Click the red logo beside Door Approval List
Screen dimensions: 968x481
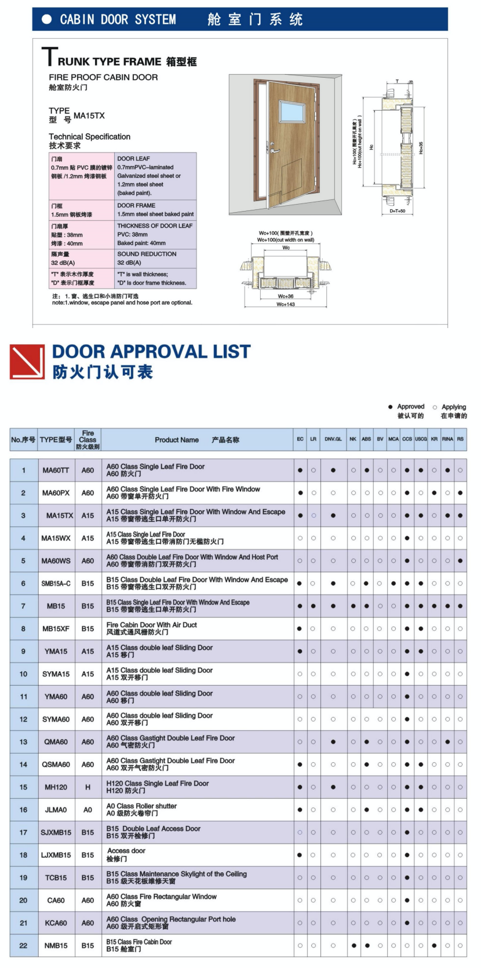[27, 362]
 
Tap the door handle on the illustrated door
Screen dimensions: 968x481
[270, 147]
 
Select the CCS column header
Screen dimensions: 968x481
[407, 439]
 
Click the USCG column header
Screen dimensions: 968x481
[421, 439]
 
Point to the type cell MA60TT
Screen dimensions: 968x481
[56, 471]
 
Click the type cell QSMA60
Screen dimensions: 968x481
[56, 765]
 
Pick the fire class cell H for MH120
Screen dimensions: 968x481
[88, 787]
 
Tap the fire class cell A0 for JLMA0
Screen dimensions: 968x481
[88, 810]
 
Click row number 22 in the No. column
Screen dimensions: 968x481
[23, 945]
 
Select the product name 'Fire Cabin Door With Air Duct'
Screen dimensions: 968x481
[152, 625]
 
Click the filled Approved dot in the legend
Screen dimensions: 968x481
[391, 407]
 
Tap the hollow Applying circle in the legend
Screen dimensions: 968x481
[435, 407]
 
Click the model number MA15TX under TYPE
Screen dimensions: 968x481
[89, 116]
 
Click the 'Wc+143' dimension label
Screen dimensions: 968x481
[286, 304]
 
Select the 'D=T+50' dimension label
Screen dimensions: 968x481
[398, 211]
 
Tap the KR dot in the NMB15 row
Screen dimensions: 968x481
[434, 945]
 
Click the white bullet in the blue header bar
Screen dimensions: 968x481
[47, 19]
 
